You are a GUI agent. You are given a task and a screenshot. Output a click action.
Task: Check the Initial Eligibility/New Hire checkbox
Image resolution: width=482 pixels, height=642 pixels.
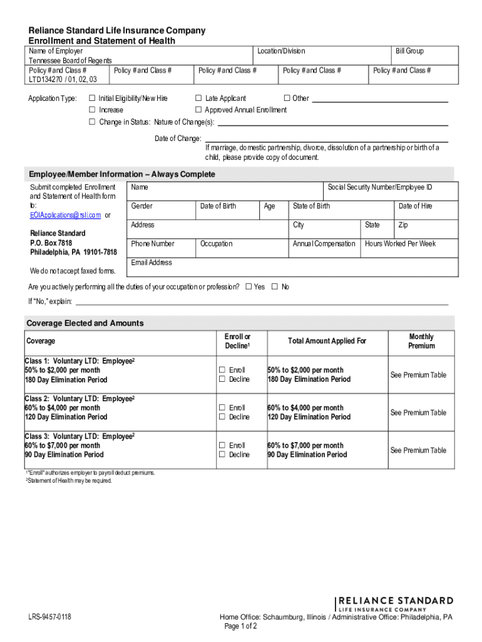click(x=92, y=98)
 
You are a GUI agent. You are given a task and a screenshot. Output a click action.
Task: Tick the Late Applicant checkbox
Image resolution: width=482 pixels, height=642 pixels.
click(x=198, y=98)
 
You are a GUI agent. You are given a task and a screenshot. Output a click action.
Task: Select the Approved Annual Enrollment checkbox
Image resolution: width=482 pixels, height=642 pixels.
click(x=198, y=110)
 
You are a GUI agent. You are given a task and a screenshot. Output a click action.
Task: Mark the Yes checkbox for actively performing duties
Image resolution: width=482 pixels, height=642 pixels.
click(x=249, y=287)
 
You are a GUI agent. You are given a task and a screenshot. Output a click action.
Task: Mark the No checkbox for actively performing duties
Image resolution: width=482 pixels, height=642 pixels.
click(x=274, y=287)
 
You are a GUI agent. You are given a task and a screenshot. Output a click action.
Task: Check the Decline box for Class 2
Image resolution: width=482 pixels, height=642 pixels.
click(x=222, y=417)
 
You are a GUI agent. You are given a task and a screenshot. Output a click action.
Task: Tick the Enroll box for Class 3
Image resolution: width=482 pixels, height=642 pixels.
click(x=222, y=445)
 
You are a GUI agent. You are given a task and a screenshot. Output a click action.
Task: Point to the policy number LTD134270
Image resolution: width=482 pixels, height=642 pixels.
click(x=48, y=80)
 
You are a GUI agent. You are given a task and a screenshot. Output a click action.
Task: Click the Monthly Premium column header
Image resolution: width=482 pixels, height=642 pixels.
click(x=421, y=341)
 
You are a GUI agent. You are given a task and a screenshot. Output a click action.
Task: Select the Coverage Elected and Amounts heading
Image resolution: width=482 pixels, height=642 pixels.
click(x=85, y=323)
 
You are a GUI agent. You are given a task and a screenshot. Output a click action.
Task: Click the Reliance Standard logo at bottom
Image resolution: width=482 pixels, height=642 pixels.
click(x=395, y=603)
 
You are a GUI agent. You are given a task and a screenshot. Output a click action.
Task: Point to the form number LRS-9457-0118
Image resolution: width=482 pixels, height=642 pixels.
click(x=49, y=618)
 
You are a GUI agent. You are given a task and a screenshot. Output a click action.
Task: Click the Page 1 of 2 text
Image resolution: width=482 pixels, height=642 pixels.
click(x=240, y=626)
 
